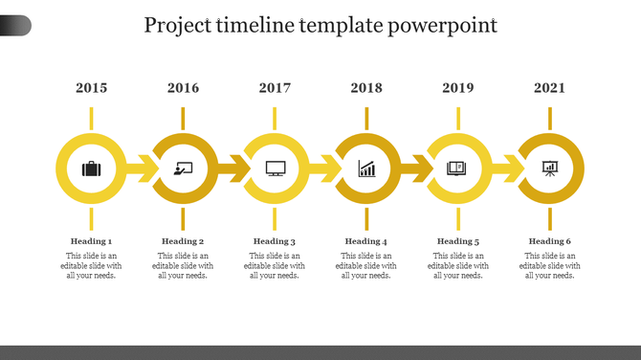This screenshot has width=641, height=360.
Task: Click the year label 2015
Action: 91,88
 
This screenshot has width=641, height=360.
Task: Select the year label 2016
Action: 183,88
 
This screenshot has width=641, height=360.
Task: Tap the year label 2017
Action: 275,88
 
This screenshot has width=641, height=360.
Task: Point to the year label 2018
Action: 366,88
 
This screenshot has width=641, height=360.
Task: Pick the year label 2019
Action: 458,88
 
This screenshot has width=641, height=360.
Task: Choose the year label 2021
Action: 550,88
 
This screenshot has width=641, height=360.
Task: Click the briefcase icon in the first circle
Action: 91,169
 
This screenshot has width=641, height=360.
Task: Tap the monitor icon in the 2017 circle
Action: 275,169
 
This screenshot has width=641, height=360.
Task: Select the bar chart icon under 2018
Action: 366,169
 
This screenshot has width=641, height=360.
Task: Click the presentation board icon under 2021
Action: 550,169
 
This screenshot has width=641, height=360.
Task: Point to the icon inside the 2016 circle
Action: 183,169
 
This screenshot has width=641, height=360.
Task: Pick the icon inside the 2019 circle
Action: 458,169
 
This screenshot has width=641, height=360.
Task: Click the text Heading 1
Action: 91,241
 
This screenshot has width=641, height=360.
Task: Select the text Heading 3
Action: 275,241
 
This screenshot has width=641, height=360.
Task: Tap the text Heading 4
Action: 366,241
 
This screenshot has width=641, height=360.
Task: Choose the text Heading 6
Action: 550,241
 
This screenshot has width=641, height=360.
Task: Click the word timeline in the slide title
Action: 258,25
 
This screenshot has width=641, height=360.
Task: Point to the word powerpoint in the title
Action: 444,26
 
